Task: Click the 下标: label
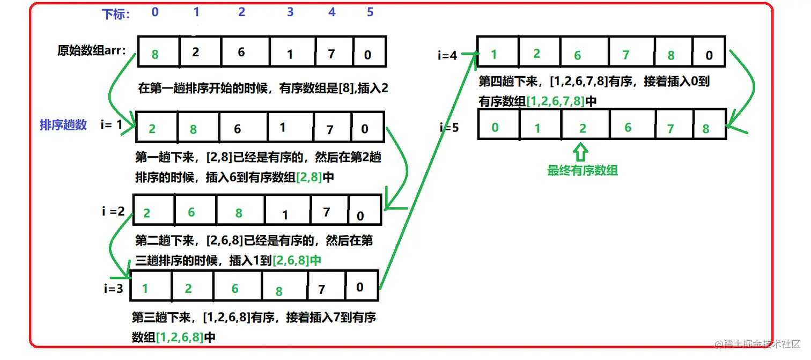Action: coord(115,14)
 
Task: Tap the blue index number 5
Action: coord(370,12)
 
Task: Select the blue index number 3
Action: coord(290,12)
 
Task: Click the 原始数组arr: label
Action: coord(92,51)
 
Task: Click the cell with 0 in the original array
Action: coord(370,52)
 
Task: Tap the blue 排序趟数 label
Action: coord(63,125)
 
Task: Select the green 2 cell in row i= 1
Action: coord(156,128)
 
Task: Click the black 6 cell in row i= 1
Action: coord(242,128)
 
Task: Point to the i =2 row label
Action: coord(113,211)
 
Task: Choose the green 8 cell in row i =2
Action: coord(240,211)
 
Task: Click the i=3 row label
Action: coord(113,289)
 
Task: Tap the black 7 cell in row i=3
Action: coord(326,288)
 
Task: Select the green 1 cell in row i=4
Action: coord(497,52)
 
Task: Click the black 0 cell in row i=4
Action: coord(709,52)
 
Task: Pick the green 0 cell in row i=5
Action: coord(499,126)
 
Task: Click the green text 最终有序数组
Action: coord(582,171)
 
